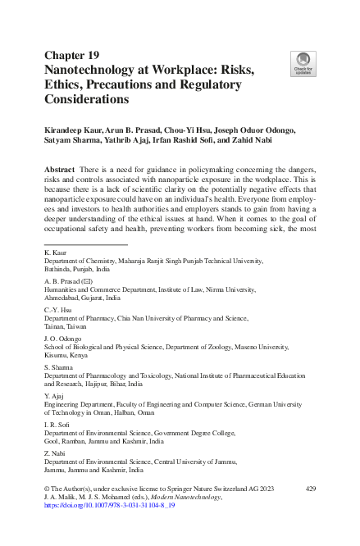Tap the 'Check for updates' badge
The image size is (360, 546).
tap(302, 63)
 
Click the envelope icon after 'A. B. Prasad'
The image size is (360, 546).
tap(84, 279)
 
